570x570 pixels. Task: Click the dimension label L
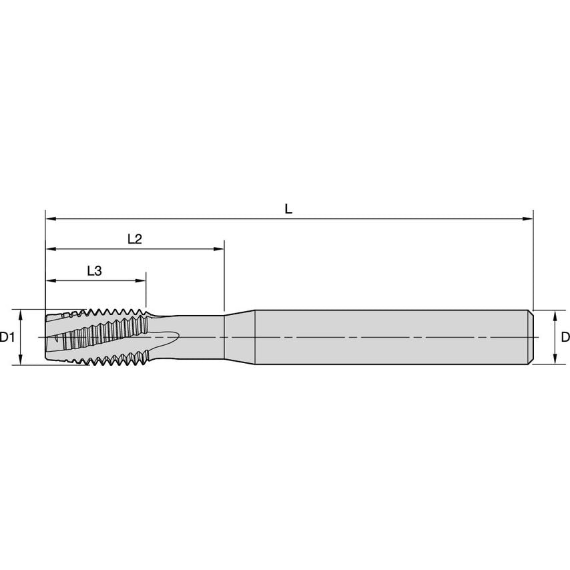point(288,209)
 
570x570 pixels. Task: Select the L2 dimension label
point(135,239)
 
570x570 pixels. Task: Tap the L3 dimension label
point(95,271)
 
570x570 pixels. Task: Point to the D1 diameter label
point(7,337)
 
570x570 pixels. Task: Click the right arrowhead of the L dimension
point(528,219)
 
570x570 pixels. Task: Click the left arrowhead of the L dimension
point(51,219)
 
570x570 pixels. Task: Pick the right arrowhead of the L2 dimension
point(219,249)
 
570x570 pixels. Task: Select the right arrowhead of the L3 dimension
point(141,280)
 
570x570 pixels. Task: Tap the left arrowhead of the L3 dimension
point(51,280)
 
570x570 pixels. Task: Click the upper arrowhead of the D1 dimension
point(20,315)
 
